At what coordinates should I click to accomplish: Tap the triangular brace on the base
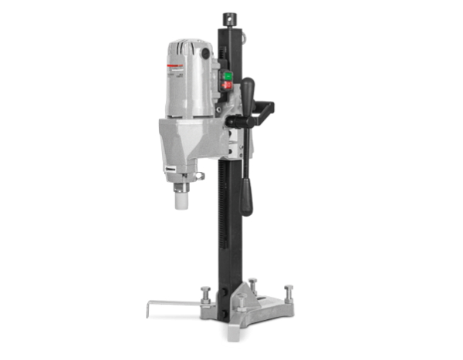pos(255,297)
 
